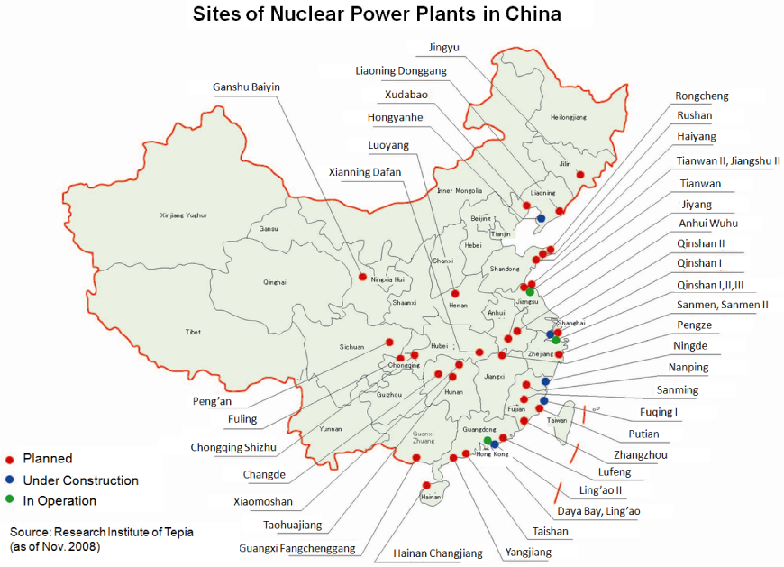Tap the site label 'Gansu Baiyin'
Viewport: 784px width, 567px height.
(x=246, y=87)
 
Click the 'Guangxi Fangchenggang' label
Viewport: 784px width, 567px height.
(x=297, y=548)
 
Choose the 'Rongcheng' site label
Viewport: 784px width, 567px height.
(x=702, y=96)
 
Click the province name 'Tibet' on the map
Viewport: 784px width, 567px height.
(x=194, y=332)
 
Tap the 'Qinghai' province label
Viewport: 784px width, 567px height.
(x=275, y=282)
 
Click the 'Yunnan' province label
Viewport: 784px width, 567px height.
(x=330, y=429)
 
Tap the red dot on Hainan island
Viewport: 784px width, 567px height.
(x=424, y=484)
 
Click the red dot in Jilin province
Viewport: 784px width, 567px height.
(x=580, y=175)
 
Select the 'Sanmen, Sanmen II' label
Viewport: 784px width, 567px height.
(x=722, y=305)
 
